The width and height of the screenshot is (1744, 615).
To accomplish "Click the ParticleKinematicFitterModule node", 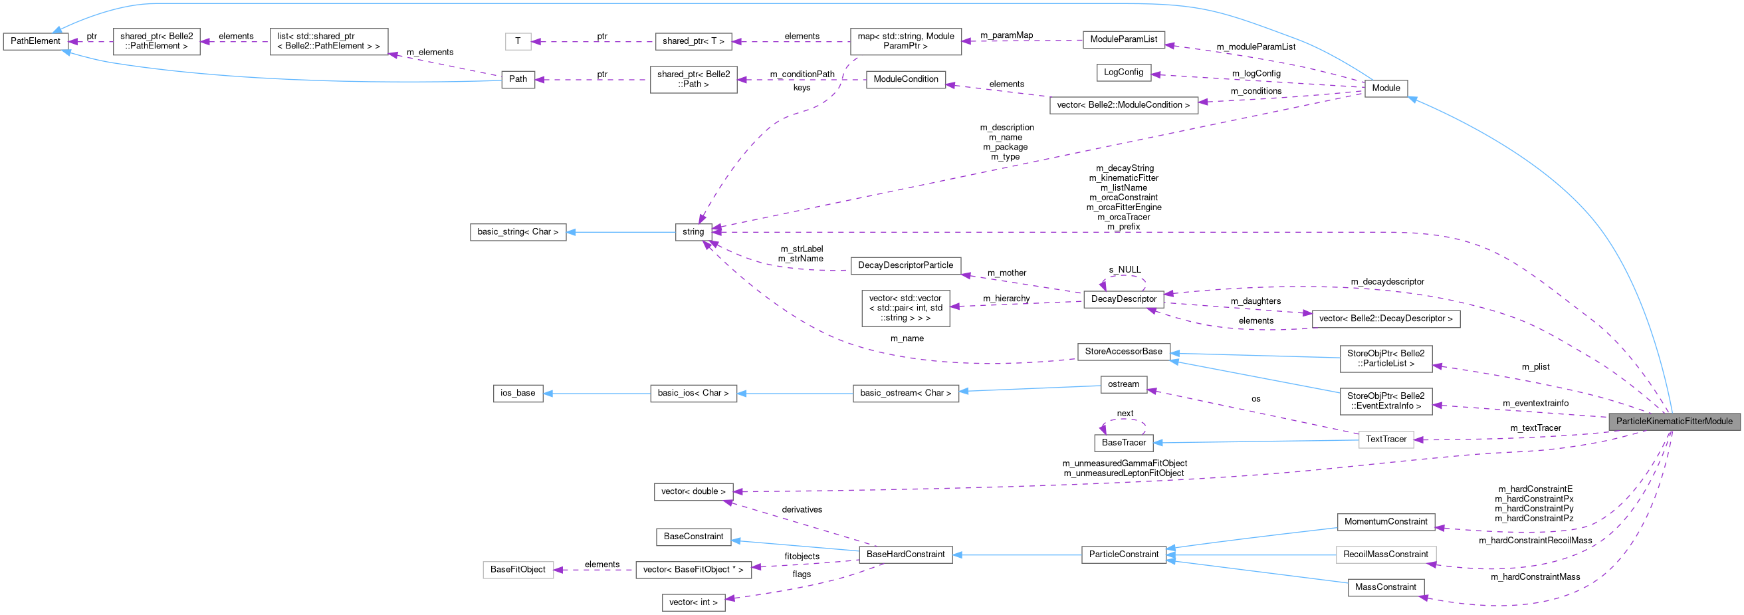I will (x=1674, y=422).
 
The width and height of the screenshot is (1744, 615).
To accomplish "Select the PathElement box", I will (x=35, y=41).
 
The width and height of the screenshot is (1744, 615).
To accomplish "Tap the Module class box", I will (x=1386, y=88).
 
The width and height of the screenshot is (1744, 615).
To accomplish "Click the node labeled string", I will (x=693, y=231).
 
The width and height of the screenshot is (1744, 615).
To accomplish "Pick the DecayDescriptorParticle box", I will (x=905, y=265).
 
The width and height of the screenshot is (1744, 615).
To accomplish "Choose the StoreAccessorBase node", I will (x=1123, y=352).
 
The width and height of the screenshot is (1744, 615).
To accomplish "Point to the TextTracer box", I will (x=1386, y=439).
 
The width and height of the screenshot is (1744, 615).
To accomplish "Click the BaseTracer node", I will (x=1123, y=443).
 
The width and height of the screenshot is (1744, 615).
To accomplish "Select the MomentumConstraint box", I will (x=1385, y=522).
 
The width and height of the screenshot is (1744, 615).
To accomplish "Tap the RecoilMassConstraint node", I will (x=1385, y=554).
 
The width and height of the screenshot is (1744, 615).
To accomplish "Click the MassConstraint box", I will (x=1385, y=587).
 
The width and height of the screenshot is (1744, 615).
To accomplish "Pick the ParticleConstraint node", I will (x=1124, y=554).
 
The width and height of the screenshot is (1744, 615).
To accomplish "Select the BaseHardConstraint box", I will (x=905, y=554).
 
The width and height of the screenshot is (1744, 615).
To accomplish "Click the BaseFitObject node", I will (x=517, y=570).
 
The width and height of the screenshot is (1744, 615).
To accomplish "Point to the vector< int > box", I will (x=693, y=602).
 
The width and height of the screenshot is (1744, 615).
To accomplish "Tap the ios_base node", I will (x=517, y=394).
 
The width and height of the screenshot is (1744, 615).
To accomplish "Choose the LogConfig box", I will (x=1123, y=72).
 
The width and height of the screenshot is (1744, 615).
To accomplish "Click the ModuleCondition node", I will (x=905, y=79).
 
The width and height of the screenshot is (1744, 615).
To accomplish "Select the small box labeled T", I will (x=517, y=41).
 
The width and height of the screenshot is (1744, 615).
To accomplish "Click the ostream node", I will (x=1123, y=385).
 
